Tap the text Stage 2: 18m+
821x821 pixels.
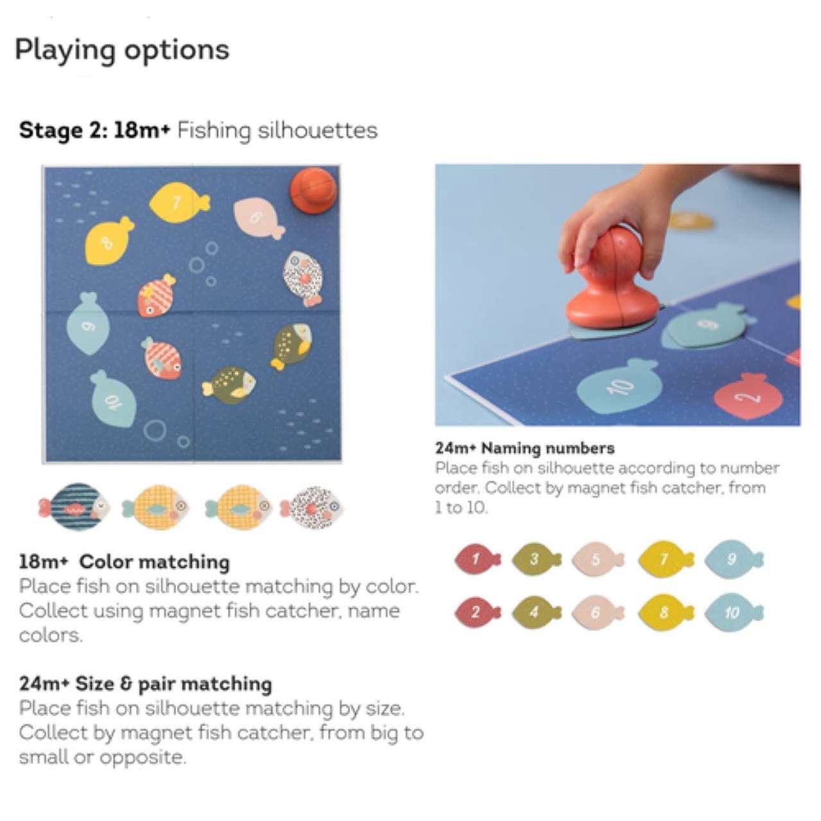pyautogui.click(x=94, y=130)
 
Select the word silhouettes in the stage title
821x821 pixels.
pyautogui.click(x=317, y=130)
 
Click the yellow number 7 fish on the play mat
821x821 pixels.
pyautogui.click(x=179, y=202)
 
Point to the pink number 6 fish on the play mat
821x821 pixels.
pyautogui.click(x=257, y=218)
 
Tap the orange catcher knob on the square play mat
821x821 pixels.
pyautogui.click(x=313, y=190)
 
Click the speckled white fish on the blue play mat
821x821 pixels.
pyautogui.click(x=304, y=277)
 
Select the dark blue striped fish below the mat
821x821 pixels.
pyautogui.click(x=74, y=506)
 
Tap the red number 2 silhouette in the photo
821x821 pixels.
pyautogui.click(x=748, y=397)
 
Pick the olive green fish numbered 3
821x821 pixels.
pyautogui.click(x=537, y=558)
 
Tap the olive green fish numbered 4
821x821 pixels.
pyautogui.click(x=537, y=612)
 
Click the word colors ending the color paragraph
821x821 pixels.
pyautogui.click(x=50, y=635)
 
